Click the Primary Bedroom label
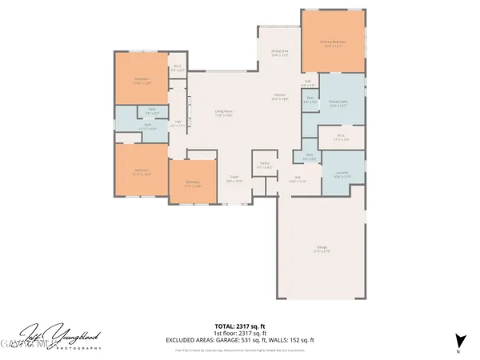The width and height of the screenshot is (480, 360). pyautogui.click(x=332, y=46)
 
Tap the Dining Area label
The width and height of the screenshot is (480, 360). pyautogui.click(x=279, y=53)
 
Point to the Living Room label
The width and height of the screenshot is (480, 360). pyautogui.click(x=223, y=114)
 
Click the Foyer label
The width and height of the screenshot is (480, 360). pyautogui.click(x=234, y=179)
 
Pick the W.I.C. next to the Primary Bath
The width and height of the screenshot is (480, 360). pyautogui.click(x=341, y=138)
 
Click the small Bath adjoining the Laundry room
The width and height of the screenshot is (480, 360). pyautogui.click(x=308, y=157)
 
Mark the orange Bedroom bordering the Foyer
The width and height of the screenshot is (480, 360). pyautogui.click(x=193, y=183)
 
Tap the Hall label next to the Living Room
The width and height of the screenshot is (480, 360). pyautogui.click(x=178, y=122)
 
